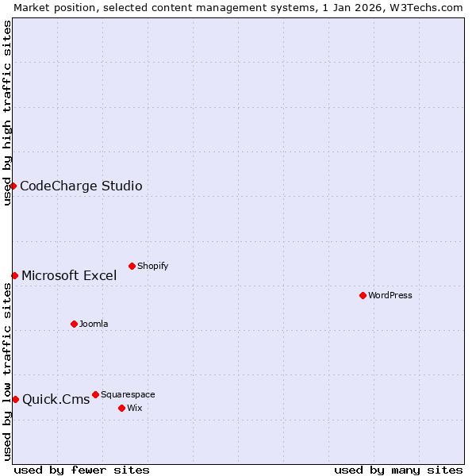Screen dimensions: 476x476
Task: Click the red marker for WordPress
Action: click(363, 295)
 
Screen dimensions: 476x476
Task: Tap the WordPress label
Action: click(390, 296)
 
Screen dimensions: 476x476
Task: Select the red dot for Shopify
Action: click(132, 266)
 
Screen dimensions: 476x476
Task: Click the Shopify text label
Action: click(153, 267)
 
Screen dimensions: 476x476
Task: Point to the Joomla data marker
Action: click(74, 324)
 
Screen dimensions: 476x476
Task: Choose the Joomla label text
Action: click(94, 324)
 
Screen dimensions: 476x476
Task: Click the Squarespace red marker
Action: click(95, 394)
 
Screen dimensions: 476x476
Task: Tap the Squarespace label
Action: click(128, 395)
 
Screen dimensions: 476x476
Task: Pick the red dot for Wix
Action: click(121, 408)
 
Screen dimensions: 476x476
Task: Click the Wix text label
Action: click(135, 409)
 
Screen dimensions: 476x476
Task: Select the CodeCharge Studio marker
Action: click(13, 186)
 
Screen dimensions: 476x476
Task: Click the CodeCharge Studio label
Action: click(81, 186)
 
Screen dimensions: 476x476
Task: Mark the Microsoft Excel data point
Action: click(14, 275)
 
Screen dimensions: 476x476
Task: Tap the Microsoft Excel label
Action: click(69, 276)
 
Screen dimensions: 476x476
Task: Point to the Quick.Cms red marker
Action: click(15, 399)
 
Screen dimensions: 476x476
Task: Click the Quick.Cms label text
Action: click(56, 400)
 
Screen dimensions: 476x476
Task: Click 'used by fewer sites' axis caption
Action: click(82, 470)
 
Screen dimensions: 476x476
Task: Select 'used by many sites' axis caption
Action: click(398, 470)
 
